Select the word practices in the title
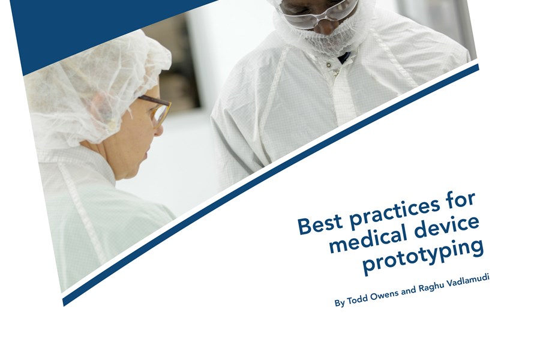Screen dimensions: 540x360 395,211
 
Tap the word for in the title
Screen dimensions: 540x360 461,199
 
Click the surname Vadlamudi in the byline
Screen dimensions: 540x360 467,281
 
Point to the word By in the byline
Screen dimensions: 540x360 340,303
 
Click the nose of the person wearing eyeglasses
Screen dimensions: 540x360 159,130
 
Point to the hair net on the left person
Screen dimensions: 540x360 97,86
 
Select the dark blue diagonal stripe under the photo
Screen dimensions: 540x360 271,185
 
